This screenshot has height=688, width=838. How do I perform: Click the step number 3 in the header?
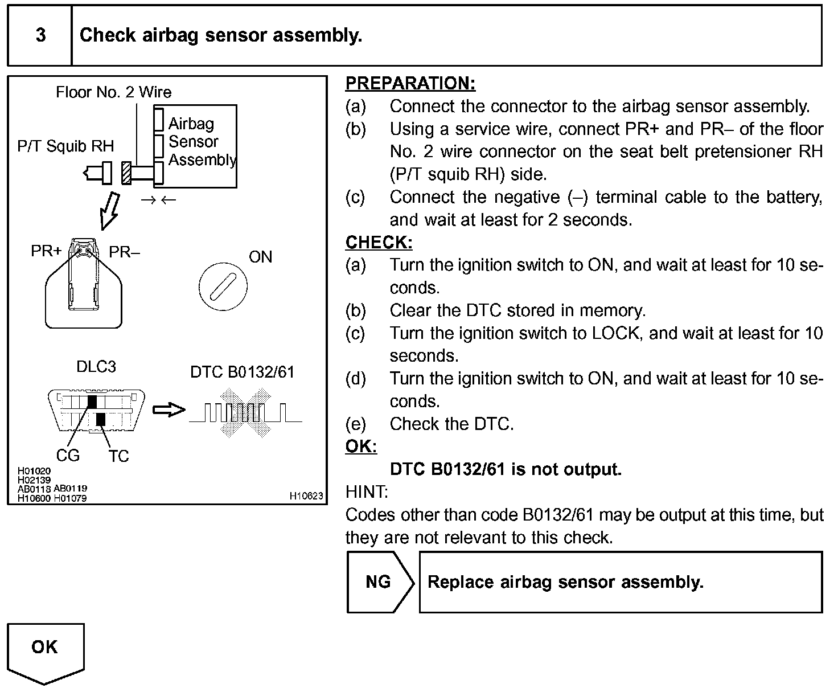point(40,35)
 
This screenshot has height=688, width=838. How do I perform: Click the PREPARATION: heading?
point(410,83)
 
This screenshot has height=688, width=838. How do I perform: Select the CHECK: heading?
point(379,242)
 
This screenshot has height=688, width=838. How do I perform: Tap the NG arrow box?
point(379,582)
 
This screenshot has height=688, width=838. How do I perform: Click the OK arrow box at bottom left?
point(45,649)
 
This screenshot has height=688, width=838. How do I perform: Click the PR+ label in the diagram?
point(46,251)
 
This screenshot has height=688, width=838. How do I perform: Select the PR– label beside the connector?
point(124,252)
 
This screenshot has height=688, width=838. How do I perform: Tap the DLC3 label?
point(96,367)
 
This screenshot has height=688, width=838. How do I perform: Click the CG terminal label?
point(68,456)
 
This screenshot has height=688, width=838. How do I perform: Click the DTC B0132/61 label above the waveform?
point(242,372)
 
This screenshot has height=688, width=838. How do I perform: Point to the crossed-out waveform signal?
point(245,412)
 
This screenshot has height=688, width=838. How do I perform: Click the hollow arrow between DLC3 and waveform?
point(169,409)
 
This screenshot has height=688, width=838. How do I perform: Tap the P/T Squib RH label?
point(65,146)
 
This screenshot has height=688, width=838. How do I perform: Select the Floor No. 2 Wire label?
point(113,92)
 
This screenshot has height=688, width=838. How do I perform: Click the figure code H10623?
point(306,496)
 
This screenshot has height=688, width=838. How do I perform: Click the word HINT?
point(367,492)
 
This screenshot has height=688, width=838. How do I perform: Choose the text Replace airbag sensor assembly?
point(565,582)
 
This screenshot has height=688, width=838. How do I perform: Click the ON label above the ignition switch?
point(260,257)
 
